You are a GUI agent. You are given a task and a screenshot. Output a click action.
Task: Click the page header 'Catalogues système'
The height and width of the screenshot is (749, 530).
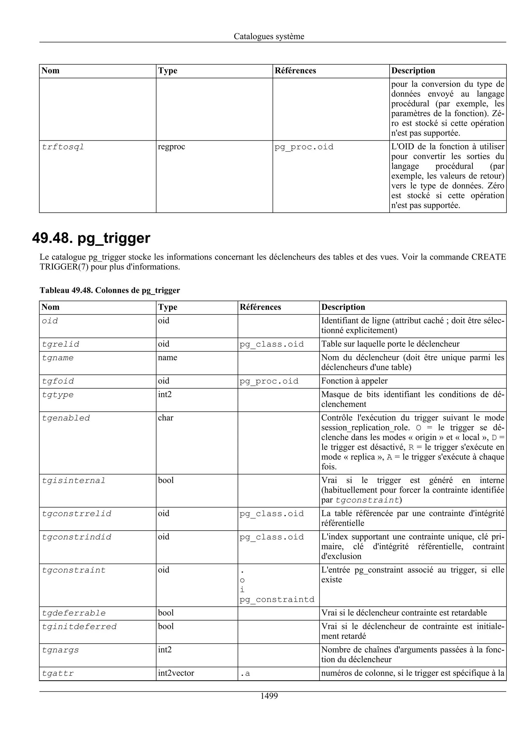(269, 36)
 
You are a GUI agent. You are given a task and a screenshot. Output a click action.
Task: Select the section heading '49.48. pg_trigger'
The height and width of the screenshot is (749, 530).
(91, 238)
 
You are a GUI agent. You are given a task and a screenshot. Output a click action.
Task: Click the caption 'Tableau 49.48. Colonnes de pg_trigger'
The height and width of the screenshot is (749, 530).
(110, 290)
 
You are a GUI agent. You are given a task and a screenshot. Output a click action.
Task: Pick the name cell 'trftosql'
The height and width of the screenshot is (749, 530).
(63, 147)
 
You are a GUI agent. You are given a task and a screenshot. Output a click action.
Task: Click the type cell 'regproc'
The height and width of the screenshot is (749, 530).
(171, 147)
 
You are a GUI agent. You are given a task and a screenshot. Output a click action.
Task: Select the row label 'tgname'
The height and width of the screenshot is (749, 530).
(57, 358)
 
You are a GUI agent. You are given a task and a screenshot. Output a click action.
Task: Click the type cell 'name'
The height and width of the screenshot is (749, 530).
(167, 357)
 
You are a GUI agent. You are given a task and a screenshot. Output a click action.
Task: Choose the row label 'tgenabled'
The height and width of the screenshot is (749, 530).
(66, 418)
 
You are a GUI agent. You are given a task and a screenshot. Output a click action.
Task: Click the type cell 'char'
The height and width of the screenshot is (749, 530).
(166, 418)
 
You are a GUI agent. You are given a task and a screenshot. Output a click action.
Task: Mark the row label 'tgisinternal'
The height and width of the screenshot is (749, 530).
(73, 481)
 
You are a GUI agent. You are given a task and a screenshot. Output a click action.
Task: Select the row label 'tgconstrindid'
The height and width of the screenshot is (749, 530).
(76, 537)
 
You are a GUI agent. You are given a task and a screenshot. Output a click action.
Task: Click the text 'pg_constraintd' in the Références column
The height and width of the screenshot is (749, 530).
(277, 600)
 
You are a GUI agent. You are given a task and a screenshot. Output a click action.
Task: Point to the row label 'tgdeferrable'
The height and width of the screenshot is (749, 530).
(74, 613)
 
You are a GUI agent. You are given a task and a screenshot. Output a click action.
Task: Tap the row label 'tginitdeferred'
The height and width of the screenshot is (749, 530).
(79, 627)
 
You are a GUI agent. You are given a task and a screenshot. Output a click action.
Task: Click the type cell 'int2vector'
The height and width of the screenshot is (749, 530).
(176, 673)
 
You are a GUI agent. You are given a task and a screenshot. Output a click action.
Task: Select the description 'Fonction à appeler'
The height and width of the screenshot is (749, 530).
(354, 381)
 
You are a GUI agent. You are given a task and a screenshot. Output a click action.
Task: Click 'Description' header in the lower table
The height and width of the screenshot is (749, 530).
(343, 307)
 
